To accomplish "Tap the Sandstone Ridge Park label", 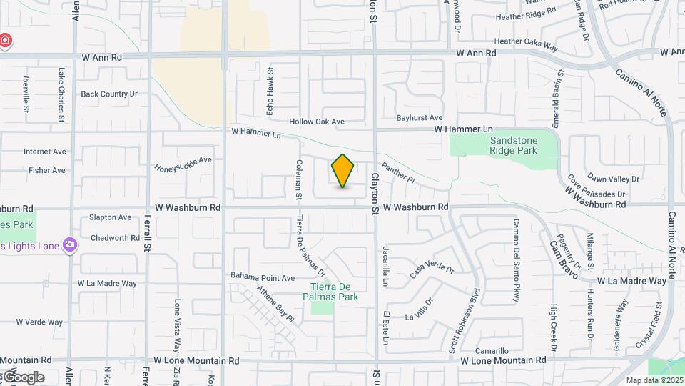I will (x=513, y=145).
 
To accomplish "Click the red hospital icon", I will (x=5, y=40).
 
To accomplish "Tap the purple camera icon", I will (x=70, y=246).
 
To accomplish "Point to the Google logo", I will (x=23, y=377).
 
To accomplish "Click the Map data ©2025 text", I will (x=654, y=380).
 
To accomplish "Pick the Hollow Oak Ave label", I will (x=317, y=122).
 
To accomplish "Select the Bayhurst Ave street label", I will (x=420, y=117).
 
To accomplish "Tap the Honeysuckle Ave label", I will (x=183, y=164).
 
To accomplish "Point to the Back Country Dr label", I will (x=108, y=94).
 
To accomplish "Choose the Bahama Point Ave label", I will (x=263, y=277).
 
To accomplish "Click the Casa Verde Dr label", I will (x=432, y=269).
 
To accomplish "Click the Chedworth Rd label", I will (x=115, y=238).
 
